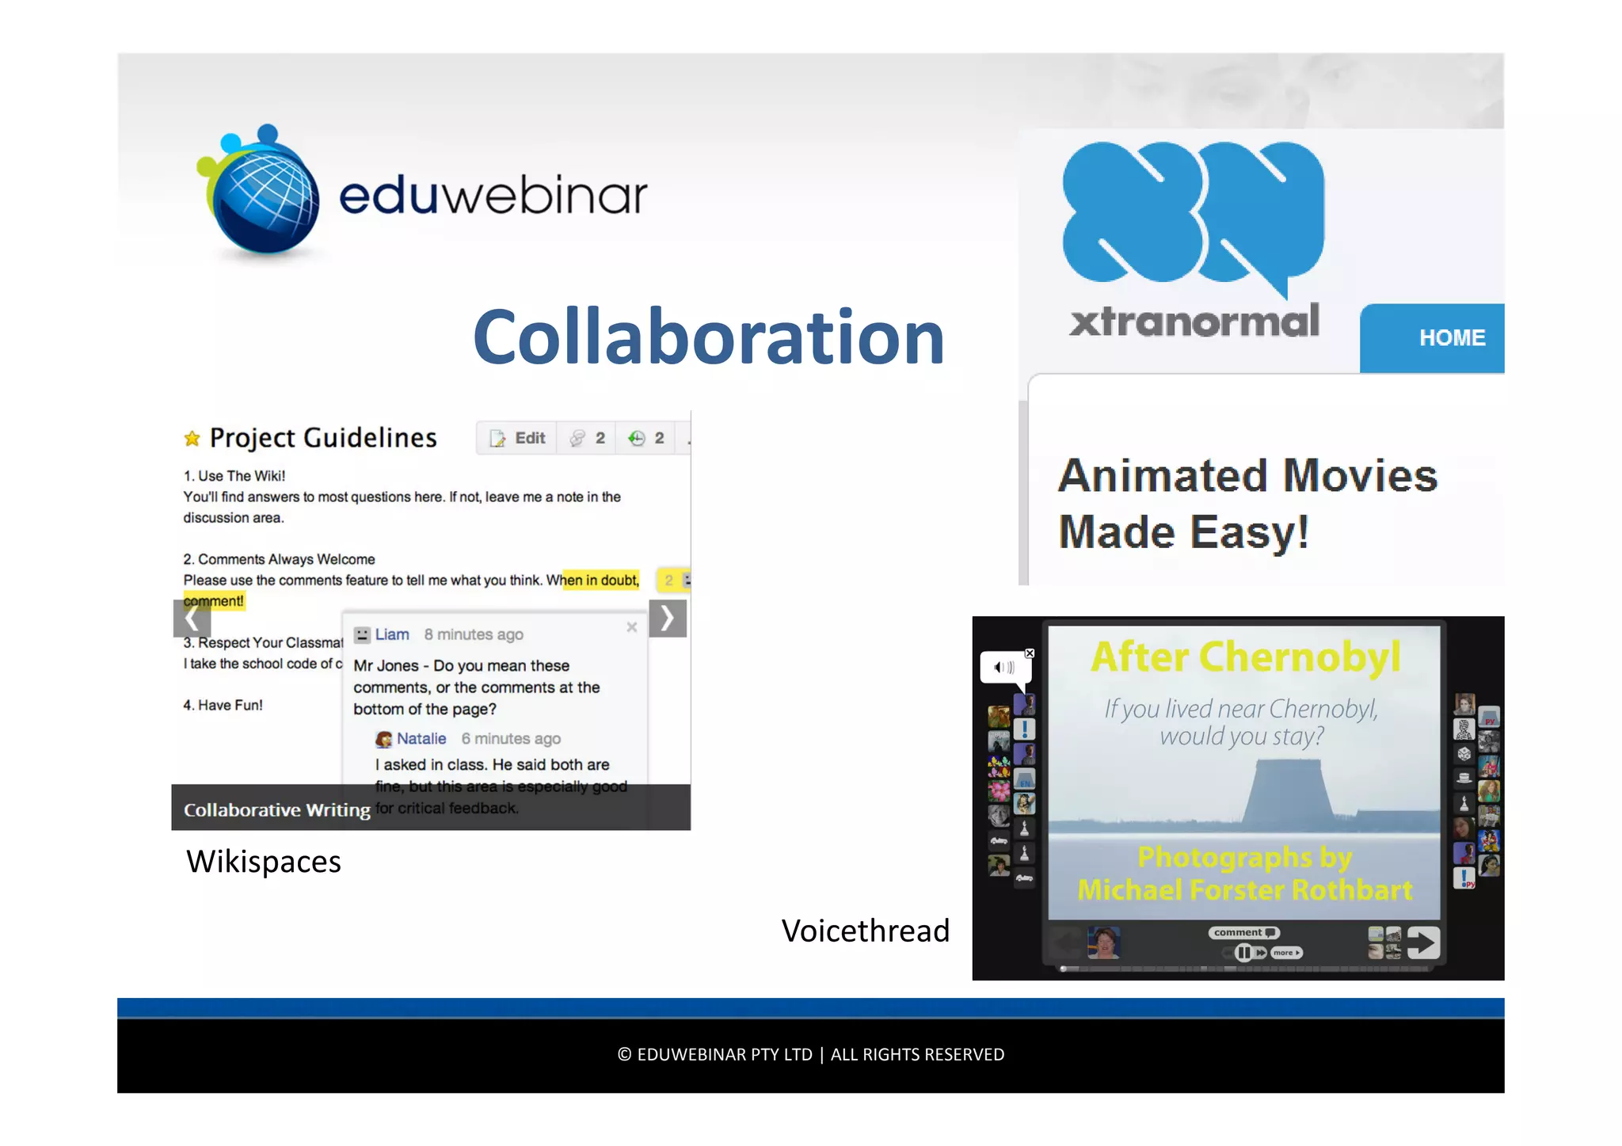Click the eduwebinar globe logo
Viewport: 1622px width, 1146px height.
pyautogui.click(x=261, y=194)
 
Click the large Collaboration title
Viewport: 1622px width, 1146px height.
pyautogui.click(x=708, y=337)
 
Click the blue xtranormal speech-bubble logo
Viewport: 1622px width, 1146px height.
pyautogui.click(x=1192, y=214)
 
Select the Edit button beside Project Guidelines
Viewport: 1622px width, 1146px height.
pyautogui.click(x=519, y=438)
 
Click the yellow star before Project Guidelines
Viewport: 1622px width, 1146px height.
pyautogui.click(x=192, y=439)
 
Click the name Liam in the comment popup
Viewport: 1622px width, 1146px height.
pyautogui.click(x=392, y=634)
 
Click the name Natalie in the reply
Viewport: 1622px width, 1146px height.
pyautogui.click(x=421, y=739)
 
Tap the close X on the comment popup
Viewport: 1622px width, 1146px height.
pyautogui.click(x=632, y=627)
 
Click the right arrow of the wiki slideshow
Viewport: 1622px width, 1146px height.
pyautogui.click(x=668, y=619)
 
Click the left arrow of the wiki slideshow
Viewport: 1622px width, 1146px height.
pyautogui.click(x=191, y=619)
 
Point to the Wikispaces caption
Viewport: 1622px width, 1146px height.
pyautogui.click(x=264, y=862)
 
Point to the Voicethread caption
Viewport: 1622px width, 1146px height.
pyautogui.click(x=865, y=931)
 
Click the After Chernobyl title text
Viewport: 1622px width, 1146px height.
pyautogui.click(x=1245, y=657)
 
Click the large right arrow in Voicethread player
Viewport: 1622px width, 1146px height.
pyautogui.click(x=1423, y=942)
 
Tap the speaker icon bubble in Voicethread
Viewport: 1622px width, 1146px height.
pyautogui.click(x=1004, y=668)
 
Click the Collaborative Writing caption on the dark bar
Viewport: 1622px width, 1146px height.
pyautogui.click(x=277, y=810)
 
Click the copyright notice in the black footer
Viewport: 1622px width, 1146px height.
pyautogui.click(x=810, y=1055)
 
